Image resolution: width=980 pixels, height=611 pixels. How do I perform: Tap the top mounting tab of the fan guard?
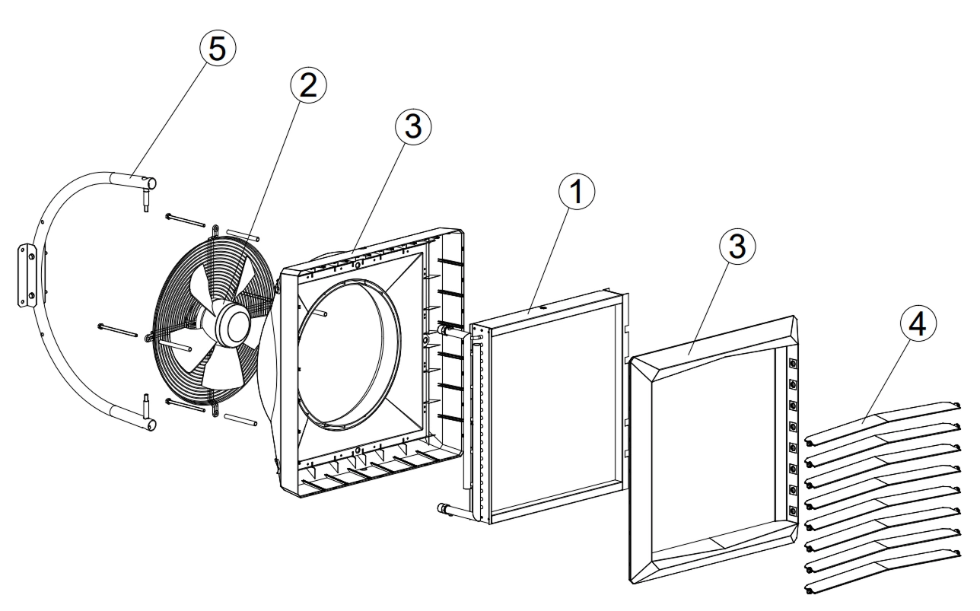point(216,229)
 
